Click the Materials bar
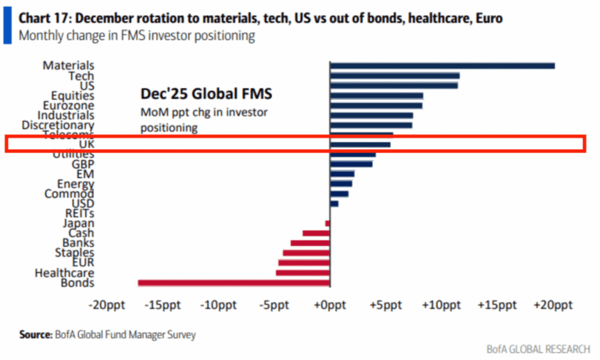pos(441,66)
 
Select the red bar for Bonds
pos(234,283)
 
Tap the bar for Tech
pos(394,76)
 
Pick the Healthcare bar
pos(302,273)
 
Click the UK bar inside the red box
pos(359,144)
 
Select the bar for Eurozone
pos(376,105)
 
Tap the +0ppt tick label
pos(330,305)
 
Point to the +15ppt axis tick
pos(498,305)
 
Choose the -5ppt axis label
pos(274,305)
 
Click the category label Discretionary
pos(58,125)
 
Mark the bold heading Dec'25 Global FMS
pos(205,94)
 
